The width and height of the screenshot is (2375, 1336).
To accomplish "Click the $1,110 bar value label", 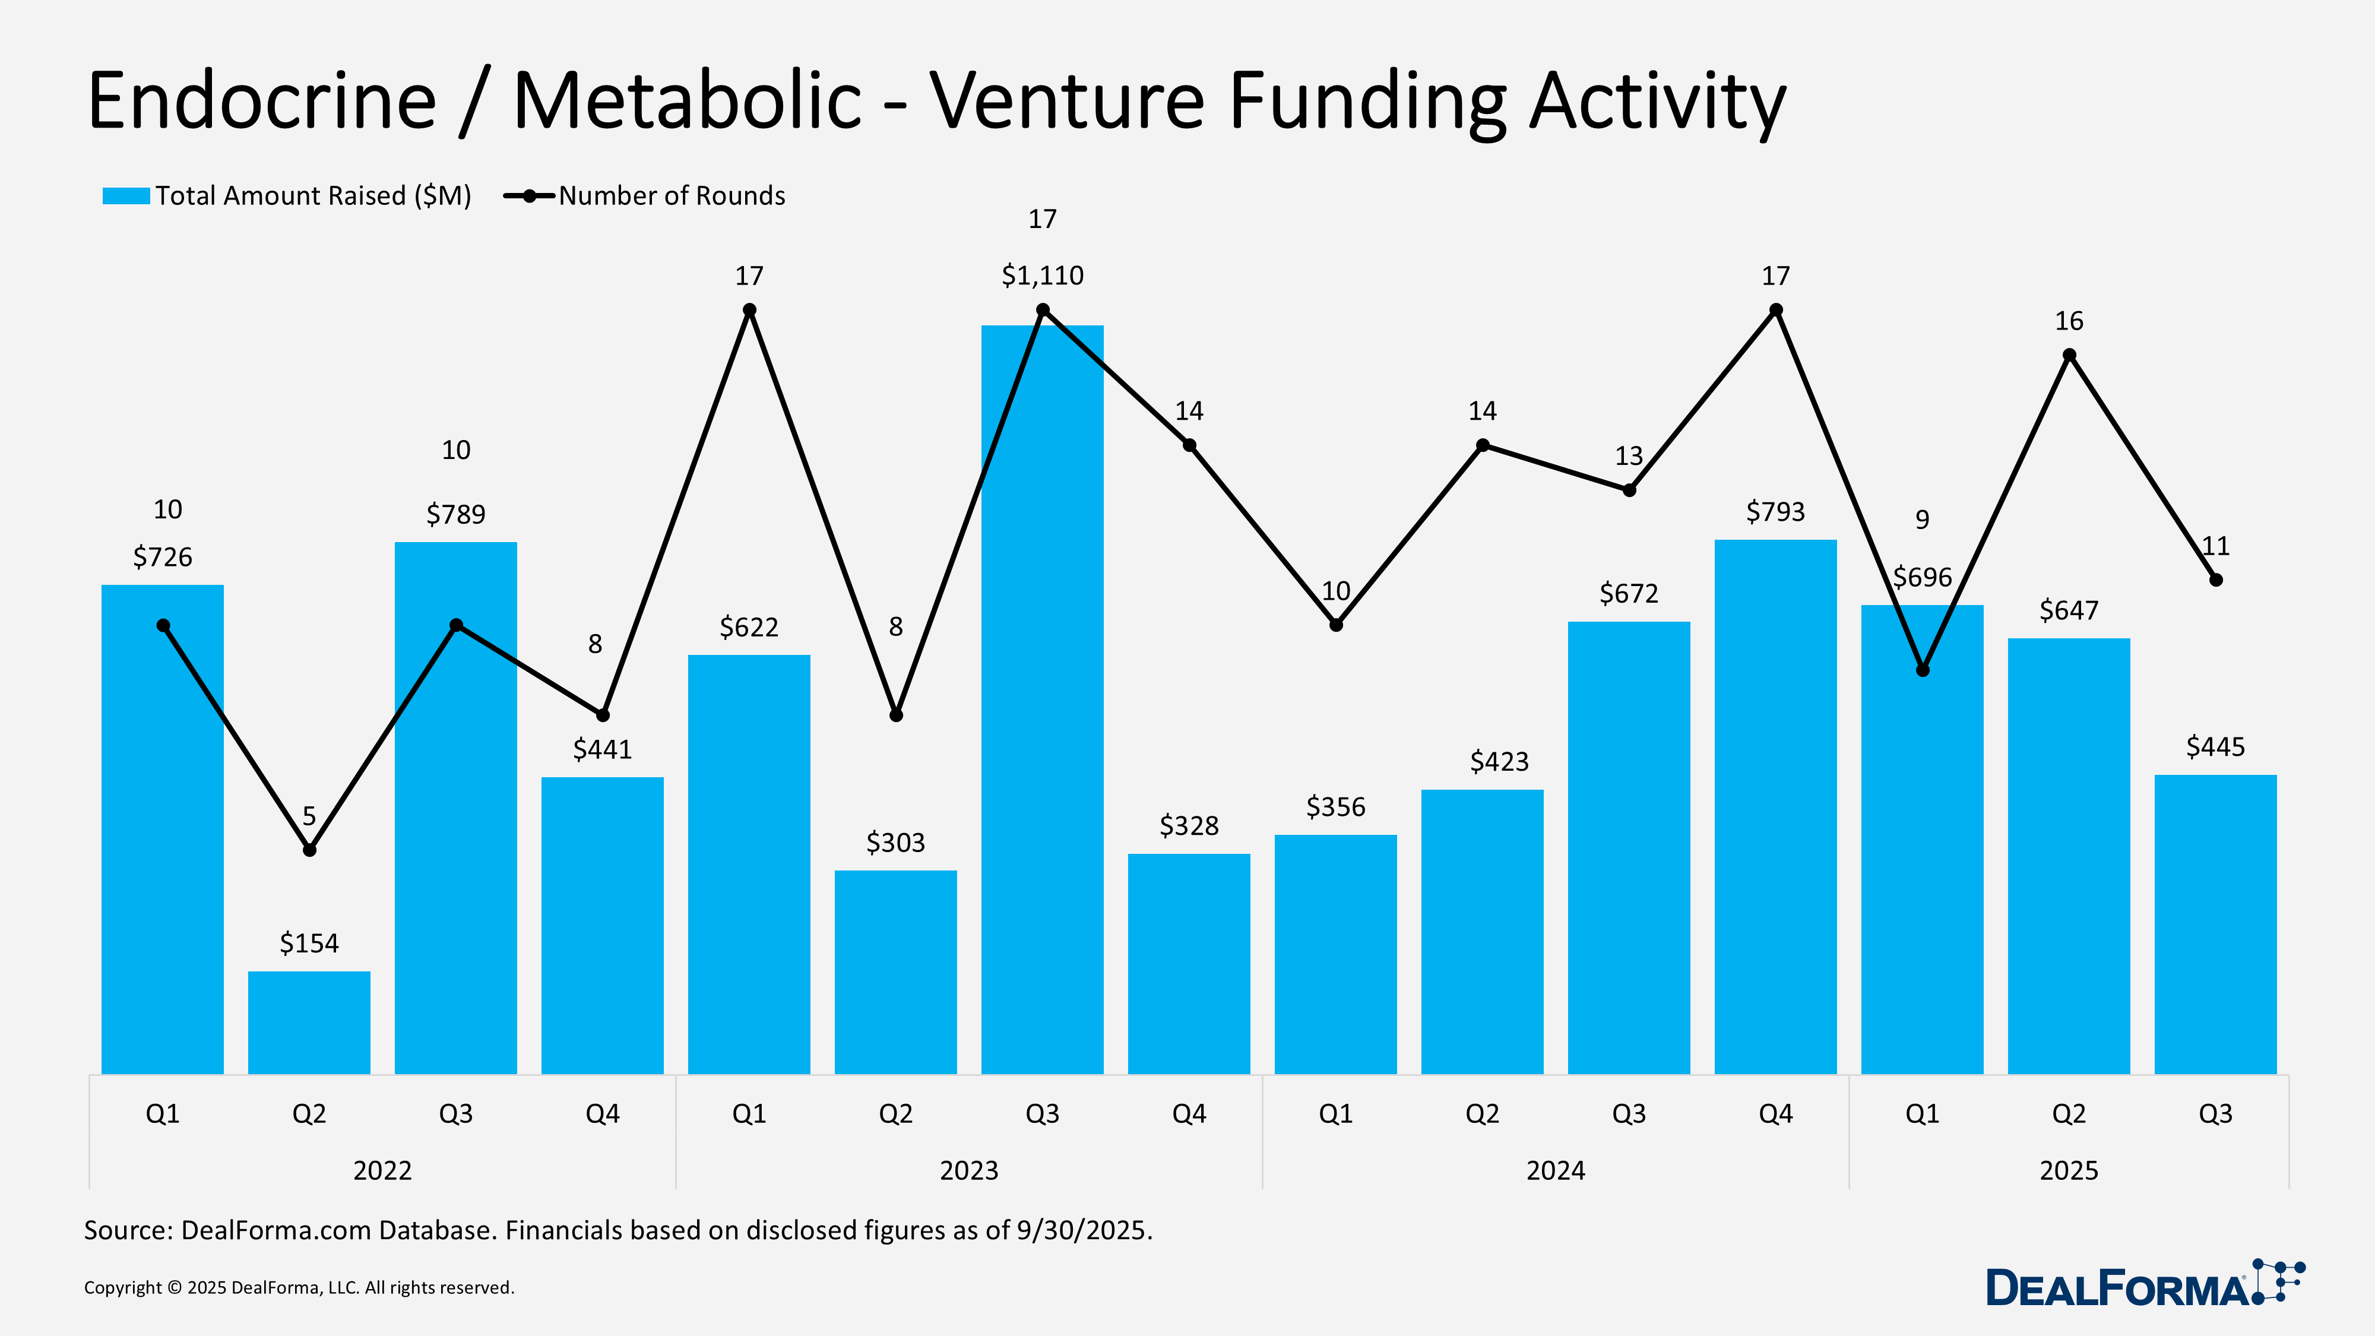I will (x=1042, y=275).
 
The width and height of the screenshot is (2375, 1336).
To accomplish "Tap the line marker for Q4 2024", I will (x=1776, y=310).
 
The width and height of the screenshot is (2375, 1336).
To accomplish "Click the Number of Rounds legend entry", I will (x=645, y=195).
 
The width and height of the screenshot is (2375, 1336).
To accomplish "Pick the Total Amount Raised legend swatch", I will (x=126, y=195).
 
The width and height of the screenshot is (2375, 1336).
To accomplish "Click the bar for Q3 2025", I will (x=2215, y=924).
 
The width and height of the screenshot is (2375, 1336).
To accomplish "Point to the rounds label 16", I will (x=2068, y=321).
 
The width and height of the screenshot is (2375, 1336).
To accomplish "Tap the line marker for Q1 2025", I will (x=1923, y=670).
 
